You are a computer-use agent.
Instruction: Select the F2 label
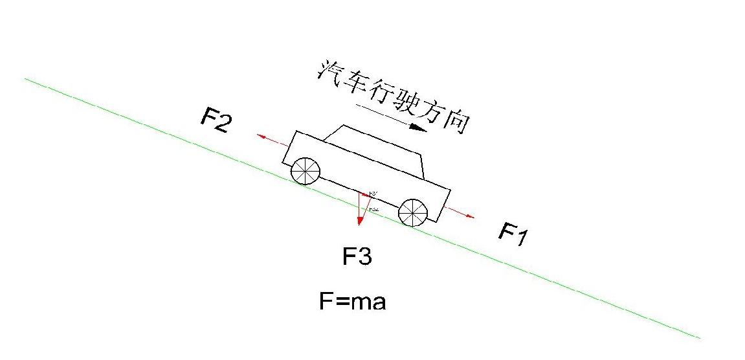215,120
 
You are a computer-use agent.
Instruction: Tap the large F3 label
357,257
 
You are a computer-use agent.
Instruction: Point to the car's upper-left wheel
306,171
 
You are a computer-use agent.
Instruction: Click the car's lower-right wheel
413,212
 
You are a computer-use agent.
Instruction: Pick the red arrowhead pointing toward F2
261,136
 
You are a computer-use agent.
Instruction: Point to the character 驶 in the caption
407,102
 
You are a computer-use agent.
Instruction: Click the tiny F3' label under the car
373,194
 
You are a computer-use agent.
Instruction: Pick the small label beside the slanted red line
373,210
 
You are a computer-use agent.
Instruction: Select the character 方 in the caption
432,112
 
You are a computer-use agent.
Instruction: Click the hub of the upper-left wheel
306,171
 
